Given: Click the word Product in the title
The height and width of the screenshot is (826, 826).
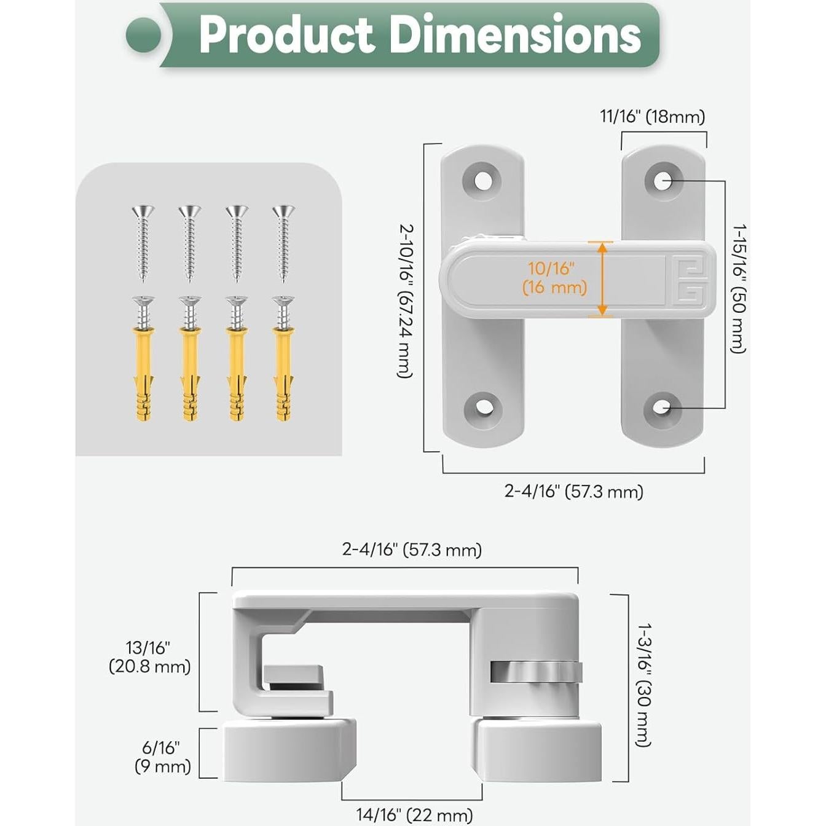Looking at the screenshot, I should point(286,34).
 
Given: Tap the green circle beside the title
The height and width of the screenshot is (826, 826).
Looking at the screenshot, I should point(144,35).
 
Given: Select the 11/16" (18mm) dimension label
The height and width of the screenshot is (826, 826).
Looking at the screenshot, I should point(652,117).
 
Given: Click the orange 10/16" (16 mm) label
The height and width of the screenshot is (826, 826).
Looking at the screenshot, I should point(554,278).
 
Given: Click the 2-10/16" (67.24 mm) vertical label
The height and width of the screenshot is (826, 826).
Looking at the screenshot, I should point(406,301).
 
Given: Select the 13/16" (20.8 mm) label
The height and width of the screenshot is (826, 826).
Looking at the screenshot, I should point(149,657).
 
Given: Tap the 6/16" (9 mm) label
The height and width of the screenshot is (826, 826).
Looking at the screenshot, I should point(162,757).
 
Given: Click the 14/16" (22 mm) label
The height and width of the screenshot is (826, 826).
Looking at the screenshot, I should point(414,815).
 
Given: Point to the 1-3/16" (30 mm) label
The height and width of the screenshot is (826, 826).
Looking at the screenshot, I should point(643,685).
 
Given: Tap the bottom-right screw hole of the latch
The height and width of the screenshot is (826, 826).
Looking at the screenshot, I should point(662,407).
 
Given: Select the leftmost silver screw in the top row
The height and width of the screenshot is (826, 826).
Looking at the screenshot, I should point(143,243).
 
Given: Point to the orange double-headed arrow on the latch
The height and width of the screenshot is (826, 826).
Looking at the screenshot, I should point(602,279).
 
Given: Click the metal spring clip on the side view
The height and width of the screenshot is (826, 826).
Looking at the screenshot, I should point(536,671).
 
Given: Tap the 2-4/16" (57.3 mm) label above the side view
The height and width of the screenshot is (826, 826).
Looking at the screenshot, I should point(411,549).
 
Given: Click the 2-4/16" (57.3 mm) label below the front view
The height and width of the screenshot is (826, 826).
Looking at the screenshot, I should point(573,491).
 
